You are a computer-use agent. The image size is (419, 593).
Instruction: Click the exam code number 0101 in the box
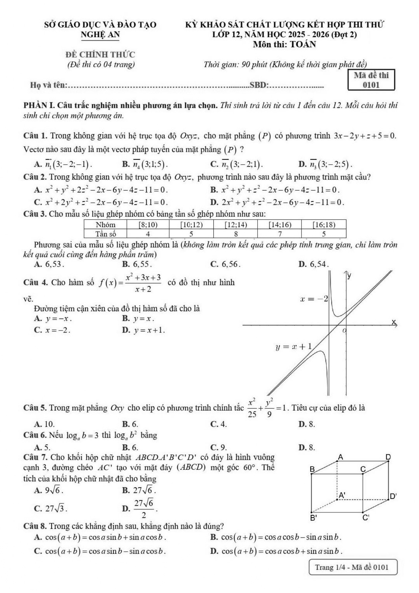[371, 85]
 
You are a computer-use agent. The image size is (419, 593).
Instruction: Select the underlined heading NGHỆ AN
[100, 35]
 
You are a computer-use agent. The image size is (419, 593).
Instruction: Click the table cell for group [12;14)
[236, 225]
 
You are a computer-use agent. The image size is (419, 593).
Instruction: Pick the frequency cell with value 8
[236, 234]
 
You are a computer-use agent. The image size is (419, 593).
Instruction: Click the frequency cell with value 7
[280, 234]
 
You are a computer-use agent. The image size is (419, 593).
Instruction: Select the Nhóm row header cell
[105, 225]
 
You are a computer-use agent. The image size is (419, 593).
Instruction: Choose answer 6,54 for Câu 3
[319, 264]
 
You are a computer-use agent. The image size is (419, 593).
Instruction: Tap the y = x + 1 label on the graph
[293, 347]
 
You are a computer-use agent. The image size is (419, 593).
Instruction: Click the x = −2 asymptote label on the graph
[314, 299]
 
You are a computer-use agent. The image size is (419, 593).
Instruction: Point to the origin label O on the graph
[344, 330]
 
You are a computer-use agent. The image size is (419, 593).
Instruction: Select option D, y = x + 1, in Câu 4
[149, 330]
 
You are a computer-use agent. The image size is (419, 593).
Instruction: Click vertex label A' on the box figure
[342, 496]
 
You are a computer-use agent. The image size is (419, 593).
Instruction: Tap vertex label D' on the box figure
[393, 496]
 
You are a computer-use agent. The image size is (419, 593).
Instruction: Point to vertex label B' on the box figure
[314, 518]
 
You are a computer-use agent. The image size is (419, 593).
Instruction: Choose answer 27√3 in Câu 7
[56, 509]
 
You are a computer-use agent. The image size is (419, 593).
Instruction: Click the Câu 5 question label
[35, 408]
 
